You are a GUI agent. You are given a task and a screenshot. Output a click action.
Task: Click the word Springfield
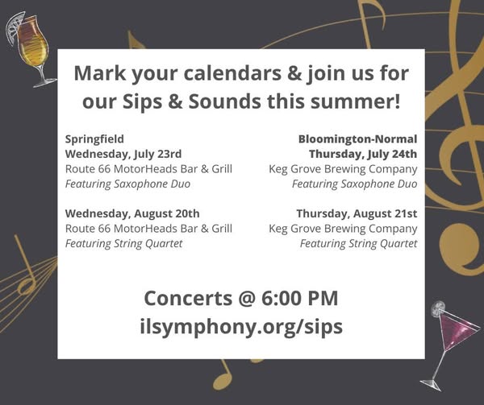pos(94,139)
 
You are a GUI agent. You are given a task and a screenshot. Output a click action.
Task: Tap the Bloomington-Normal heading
pos(357,139)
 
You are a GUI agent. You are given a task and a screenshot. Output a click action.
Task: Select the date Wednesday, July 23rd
pos(123,154)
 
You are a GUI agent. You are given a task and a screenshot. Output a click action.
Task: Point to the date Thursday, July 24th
pos(363,154)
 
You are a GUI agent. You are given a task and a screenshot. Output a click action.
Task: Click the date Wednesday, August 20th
pos(132,213)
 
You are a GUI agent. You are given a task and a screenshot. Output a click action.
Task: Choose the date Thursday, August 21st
pos(357,213)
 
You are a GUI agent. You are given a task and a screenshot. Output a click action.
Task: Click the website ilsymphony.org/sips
pos(241,327)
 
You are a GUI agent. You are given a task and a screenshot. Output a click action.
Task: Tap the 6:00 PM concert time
pos(300,298)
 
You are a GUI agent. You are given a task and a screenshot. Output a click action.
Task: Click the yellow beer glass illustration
pos(32,49)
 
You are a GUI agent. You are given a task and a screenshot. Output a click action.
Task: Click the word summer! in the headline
pos(355,101)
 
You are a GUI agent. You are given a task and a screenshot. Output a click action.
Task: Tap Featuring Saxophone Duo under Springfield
pos(127,184)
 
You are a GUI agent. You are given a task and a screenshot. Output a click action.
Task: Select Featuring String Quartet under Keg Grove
pos(358,244)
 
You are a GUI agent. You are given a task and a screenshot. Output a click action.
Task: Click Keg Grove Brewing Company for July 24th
pos(343,169)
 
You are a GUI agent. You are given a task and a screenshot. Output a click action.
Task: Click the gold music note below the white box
pos(223,374)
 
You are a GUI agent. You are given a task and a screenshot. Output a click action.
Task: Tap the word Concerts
pos(188,298)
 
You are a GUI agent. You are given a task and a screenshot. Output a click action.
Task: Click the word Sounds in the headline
pos(225,101)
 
